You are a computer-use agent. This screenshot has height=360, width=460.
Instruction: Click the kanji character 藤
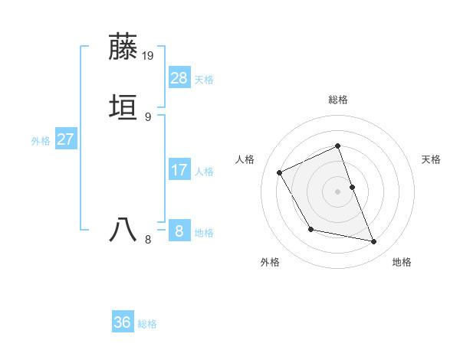123,47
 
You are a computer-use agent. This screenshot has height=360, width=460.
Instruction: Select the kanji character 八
123,230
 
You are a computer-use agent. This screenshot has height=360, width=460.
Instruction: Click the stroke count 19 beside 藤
149,56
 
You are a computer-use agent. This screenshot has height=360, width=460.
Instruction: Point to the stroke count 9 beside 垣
148,116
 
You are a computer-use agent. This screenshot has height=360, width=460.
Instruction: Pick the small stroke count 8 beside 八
148,240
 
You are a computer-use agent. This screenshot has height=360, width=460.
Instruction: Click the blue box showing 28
179,78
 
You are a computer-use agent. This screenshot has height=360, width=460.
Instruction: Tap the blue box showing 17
179,170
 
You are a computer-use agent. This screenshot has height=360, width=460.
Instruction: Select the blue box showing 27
65,139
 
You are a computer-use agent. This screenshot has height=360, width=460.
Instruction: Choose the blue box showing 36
123,322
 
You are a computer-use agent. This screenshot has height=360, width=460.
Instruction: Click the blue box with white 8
179,231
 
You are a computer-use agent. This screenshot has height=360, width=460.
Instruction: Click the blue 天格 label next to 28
204,80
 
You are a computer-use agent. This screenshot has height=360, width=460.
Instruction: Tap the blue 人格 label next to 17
204,172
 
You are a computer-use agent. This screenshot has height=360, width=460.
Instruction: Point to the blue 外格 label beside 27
41,141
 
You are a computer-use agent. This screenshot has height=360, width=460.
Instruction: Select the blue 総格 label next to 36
147,324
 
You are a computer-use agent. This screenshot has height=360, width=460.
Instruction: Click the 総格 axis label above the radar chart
338,100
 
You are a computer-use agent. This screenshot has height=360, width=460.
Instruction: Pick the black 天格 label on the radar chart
431,159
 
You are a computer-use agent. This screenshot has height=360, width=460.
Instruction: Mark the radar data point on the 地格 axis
374,242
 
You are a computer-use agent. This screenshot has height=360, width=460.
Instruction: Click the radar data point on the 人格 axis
280,172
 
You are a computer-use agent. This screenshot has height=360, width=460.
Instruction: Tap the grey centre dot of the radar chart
338,191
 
